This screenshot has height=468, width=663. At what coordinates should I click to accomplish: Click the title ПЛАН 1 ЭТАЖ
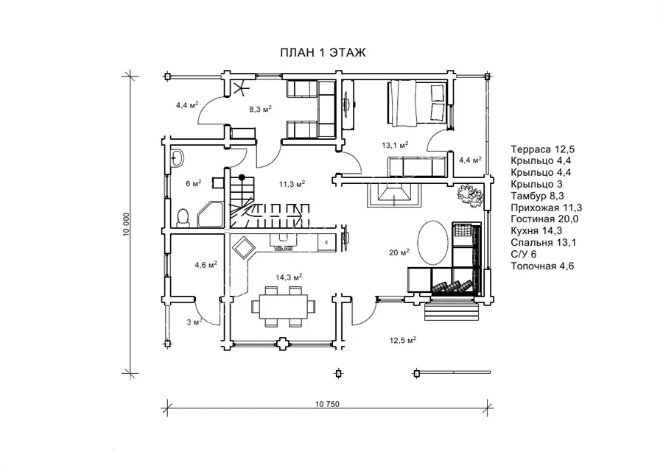click(323, 52)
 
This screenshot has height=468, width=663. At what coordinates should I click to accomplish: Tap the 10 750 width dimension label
click(327, 404)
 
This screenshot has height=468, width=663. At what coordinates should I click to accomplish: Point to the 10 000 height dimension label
click(127, 224)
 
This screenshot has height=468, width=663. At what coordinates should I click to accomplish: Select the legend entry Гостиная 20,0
click(544, 219)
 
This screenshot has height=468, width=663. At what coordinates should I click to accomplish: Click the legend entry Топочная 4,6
click(542, 266)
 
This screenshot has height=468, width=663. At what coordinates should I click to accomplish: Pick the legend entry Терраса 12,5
click(542, 149)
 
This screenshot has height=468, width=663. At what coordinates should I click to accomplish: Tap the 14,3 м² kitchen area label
click(290, 277)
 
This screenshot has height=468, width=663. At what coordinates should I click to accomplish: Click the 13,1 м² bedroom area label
click(395, 145)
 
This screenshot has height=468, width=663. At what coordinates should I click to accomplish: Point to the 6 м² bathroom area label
click(194, 183)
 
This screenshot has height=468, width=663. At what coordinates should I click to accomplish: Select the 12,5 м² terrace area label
click(404, 340)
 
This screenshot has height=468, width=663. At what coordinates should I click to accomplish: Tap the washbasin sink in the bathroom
click(177, 158)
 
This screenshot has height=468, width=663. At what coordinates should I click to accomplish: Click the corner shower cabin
click(210, 215)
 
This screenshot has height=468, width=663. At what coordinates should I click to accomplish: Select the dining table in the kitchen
click(284, 306)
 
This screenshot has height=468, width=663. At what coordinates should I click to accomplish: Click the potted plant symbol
click(470, 196)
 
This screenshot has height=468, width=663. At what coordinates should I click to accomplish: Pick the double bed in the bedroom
click(417, 103)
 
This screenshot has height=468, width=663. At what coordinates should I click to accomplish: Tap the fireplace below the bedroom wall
click(394, 195)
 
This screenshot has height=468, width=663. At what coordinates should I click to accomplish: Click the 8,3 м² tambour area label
click(260, 109)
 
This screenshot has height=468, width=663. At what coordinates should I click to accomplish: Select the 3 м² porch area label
click(194, 322)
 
